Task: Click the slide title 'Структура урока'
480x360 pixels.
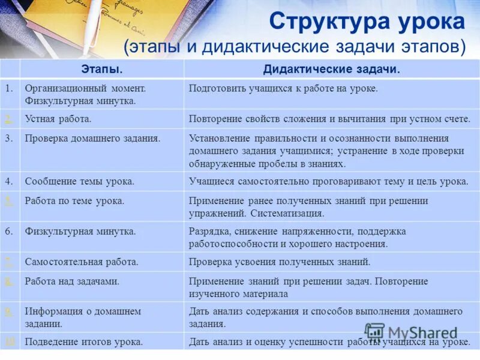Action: (x=367, y=22)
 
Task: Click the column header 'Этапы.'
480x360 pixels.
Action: (x=101, y=70)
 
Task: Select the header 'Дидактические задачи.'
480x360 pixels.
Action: (x=331, y=70)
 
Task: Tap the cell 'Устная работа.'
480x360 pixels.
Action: (x=58, y=119)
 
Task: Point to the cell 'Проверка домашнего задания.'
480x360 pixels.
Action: (x=92, y=138)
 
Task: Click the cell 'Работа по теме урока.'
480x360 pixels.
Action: (x=74, y=200)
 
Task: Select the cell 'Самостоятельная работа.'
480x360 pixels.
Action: (x=82, y=262)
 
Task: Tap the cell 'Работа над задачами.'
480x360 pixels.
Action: (x=72, y=281)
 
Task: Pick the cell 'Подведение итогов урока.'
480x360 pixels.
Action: (x=84, y=342)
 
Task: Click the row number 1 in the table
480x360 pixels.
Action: (x=9, y=88)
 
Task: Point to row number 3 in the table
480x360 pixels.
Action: (x=9, y=138)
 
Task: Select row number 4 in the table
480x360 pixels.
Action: (x=9, y=181)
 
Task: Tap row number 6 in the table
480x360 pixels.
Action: (x=9, y=231)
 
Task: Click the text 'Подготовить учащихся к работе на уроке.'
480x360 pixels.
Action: (x=283, y=88)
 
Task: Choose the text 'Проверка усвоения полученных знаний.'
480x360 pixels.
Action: (x=280, y=262)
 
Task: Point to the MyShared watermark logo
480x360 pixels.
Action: (x=411, y=333)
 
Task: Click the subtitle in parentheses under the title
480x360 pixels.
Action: (x=295, y=47)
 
